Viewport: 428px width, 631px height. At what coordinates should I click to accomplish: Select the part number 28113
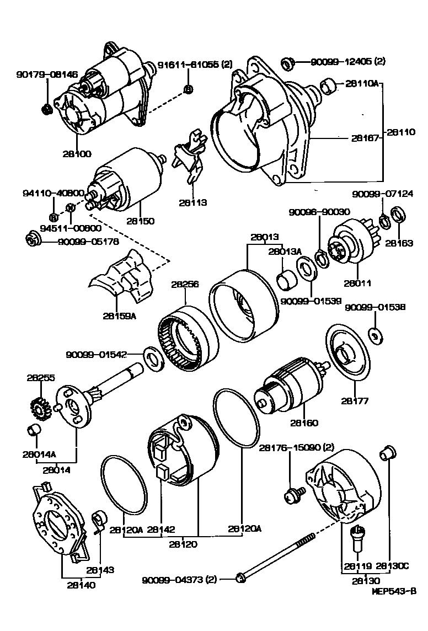tap(192, 202)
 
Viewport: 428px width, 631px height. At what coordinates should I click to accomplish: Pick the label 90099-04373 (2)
tap(180, 579)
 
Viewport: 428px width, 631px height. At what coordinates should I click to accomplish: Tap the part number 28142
tap(160, 530)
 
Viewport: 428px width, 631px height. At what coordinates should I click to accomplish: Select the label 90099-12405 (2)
tap(348, 61)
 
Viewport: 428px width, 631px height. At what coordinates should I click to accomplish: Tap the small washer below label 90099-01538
tap(374, 335)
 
